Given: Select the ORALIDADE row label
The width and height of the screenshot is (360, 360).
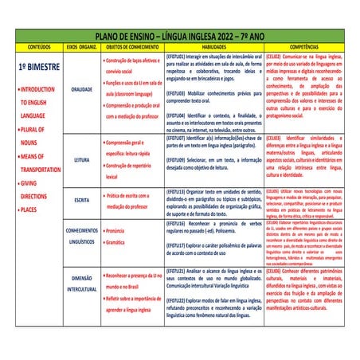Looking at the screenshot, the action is (81, 90).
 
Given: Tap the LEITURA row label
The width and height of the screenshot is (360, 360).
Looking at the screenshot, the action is (81, 159).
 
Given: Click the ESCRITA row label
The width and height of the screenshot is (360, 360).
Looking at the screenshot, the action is (81, 200).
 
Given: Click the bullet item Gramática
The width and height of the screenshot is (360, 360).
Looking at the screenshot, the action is (117, 241).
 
